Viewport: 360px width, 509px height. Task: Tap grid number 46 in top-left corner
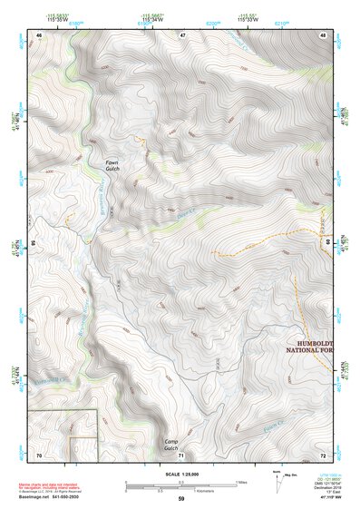[39, 34]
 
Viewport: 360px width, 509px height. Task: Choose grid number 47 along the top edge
[181, 34]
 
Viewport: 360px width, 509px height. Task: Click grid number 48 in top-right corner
[323, 34]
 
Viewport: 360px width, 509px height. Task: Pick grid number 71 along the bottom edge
[181, 454]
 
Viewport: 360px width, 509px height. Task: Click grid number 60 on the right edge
[326, 243]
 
